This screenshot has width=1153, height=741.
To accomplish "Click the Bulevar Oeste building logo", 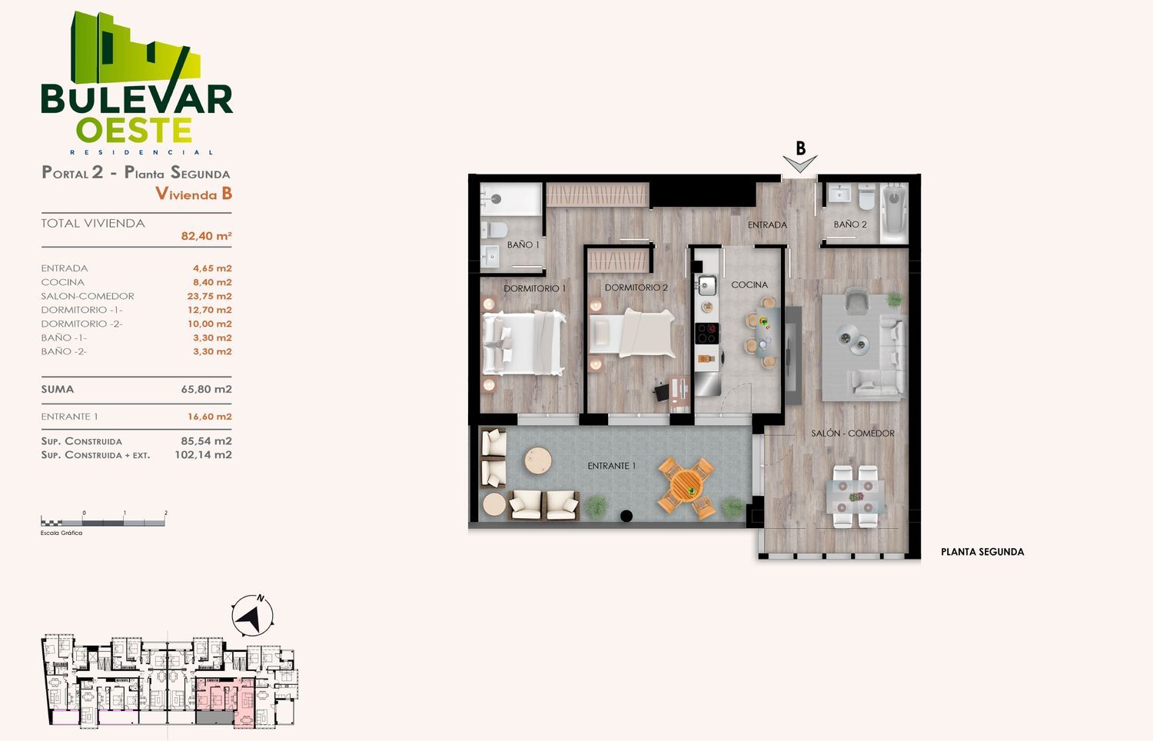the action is [136, 82].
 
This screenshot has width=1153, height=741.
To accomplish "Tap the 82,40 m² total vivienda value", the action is [206, 236].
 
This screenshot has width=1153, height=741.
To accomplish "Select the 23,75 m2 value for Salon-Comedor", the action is [209, 296].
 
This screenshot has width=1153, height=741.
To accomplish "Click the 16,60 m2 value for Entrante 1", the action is [210, 417].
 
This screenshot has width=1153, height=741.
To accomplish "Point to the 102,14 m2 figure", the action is [203, 454].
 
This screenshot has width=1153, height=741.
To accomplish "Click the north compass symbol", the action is [252, 616].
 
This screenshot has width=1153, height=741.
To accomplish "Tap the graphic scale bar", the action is [103, 521].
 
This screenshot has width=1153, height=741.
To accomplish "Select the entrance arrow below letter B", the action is [800, 164].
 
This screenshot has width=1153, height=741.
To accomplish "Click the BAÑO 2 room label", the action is [850, 224].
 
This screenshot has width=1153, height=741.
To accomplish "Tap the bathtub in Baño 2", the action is [895, 213].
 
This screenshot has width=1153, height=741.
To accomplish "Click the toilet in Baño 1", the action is [494, 230].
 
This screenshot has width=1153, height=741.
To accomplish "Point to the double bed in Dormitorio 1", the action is [523, 343].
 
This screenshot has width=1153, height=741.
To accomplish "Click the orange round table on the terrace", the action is [686, 485].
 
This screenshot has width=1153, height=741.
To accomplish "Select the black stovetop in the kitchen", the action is [707, 334].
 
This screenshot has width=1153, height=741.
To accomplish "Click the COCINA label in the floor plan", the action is [749, 284].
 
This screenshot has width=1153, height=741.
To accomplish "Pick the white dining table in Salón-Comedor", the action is [856, 497].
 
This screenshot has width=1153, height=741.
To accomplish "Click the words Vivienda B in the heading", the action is [194, 194].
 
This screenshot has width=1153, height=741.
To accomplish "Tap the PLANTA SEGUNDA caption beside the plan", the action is [982, 552].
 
